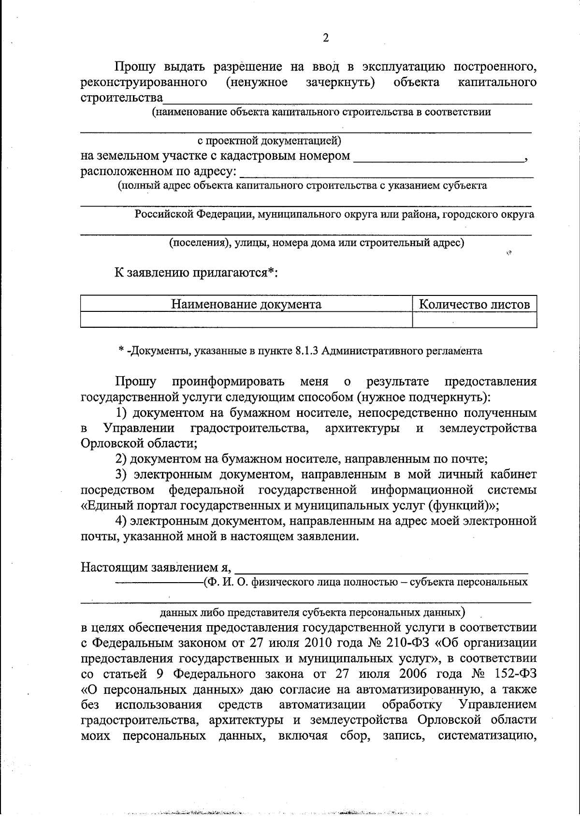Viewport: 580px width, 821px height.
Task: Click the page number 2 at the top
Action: pyautogui.click(x=325, y=38)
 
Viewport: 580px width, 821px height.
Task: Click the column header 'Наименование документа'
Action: pyautogui.click(x=246, y=304)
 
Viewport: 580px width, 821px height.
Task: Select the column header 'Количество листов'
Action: pyautogui.click(x=474, y=304)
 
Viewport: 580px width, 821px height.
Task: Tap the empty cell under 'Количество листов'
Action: pyautogui.click(x=474, y=320)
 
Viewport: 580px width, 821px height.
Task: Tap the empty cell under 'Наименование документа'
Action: pyautogui.click(x=246, y=320)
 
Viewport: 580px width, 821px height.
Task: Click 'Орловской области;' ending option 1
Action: pyautogui.click(x=139, y=443)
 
